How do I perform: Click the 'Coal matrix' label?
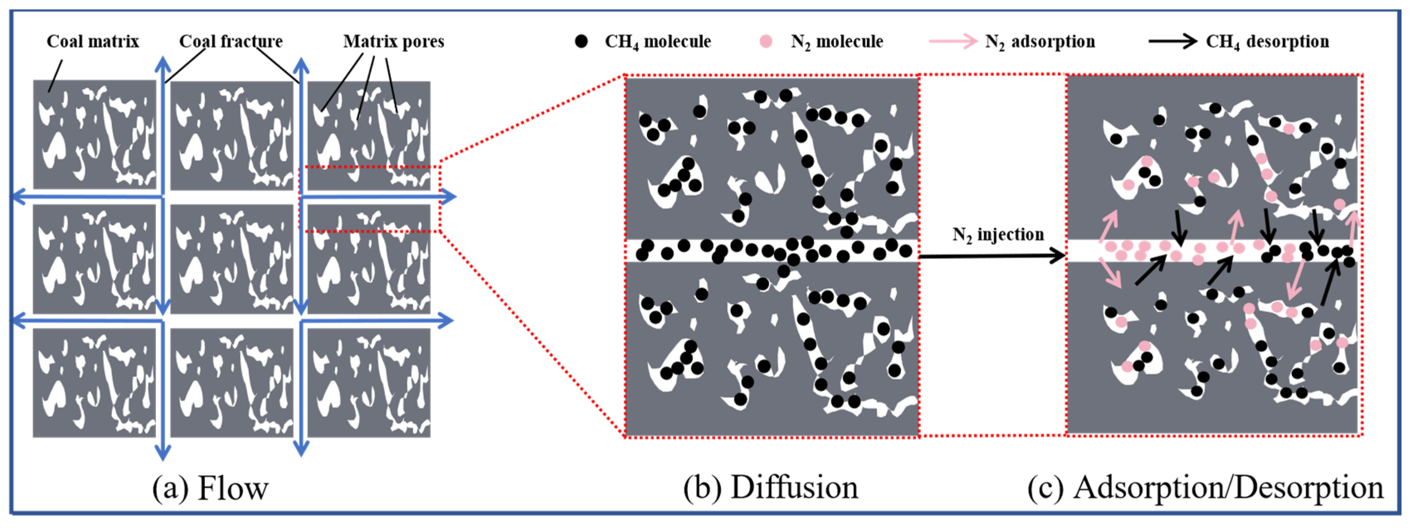(x=93, y=41)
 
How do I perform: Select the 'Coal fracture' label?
(x=231, y=41)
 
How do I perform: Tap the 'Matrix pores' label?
(x=393, y=41)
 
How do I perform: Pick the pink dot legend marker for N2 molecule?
(x=766, y=41)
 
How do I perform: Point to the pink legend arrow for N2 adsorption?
(x=953, y=41)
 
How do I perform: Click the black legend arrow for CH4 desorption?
(x=1173, y=41)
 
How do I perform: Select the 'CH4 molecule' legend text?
(x=658, y=42)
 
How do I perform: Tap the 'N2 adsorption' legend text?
(x=1040, y=42)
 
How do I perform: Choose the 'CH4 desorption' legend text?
(x=1267, y=42)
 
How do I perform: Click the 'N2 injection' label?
(x=998, y=235)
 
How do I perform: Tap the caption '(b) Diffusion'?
(x=771, y=487)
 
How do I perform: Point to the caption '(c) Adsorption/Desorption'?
(x=1205, y=487)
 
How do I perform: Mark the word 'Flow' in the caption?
(x=233, y=488)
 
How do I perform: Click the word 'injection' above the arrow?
(x=1011, y=235)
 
